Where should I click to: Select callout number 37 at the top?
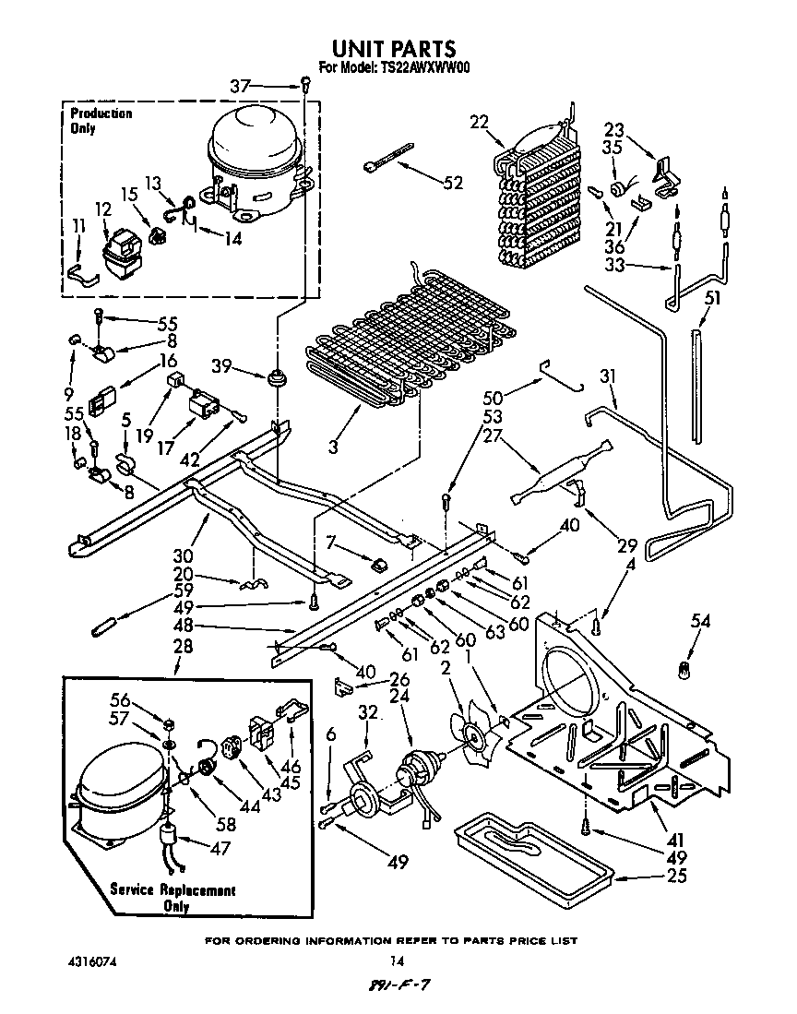pos(240,87)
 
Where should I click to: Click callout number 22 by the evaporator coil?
pos(479,123)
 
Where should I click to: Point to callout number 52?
pos(453,183)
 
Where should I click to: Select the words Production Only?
pos(101,121)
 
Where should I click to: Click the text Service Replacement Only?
pos(172,898)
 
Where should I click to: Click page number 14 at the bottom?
pos(397,960)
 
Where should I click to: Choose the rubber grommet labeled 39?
pos(275,379)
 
